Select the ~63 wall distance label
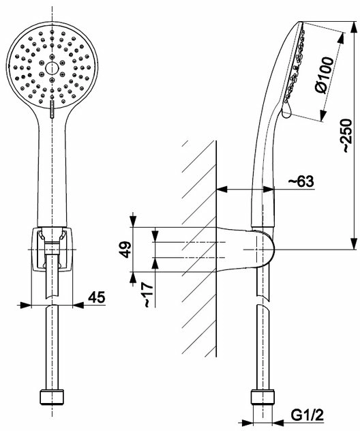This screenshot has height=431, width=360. (301, 181)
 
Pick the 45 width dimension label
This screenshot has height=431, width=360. (96, 297)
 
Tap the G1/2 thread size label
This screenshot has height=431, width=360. (307, 416)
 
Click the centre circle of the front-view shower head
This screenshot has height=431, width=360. (52, 68)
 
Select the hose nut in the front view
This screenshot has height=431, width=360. (52, 397)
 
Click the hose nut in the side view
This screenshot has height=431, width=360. (262, 397)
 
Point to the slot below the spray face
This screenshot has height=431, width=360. (52, 109)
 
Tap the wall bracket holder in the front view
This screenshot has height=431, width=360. (52, 250)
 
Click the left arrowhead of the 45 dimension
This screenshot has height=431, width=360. (24, 305)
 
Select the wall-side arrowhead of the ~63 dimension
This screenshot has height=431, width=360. (222, 189)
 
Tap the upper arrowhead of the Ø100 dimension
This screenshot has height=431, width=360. (342, 38)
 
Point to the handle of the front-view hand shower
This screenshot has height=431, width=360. (52, 170)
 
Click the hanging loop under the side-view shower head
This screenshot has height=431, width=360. (286, 111)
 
